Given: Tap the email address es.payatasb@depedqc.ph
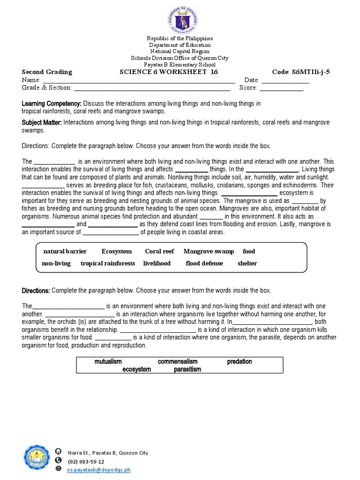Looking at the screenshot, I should coord(98,469).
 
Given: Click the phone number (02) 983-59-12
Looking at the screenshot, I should coord(86,461).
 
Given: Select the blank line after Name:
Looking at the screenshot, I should coord(139,81).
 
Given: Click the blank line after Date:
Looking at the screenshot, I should coord(285,81).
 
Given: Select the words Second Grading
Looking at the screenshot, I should coord(47,72).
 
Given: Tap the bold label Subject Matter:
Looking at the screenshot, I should coord(42,122).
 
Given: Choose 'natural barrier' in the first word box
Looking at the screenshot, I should coord(65,252).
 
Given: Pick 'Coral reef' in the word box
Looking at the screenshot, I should coord(159,252).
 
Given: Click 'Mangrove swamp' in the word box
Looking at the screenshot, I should coord(209,252).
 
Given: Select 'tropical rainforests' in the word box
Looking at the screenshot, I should coord(108,263).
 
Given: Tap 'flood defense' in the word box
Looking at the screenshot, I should coord(204,263).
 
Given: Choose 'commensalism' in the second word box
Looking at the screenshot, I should coord(178,362).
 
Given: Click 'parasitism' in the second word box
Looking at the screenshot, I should coord(187,369).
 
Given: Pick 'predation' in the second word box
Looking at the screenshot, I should coord(240,362).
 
